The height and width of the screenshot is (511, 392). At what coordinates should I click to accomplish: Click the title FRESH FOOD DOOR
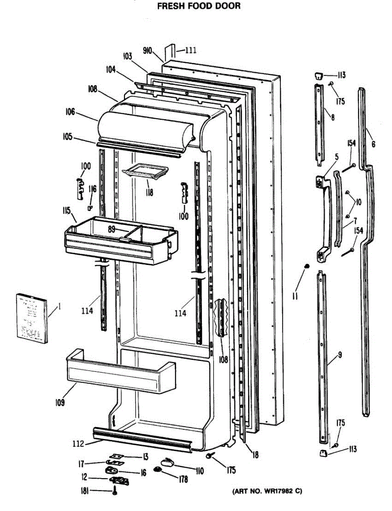tap(199, 6)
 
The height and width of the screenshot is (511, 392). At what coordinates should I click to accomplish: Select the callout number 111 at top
tap(190, 50)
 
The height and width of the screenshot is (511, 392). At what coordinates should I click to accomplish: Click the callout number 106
tap(70, 112)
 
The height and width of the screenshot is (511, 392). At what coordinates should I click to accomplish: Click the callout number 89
tap(112, 229)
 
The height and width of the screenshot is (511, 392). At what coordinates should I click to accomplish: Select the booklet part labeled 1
tap(32, 318)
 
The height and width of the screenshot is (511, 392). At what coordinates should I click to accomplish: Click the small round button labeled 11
tap(306, 267)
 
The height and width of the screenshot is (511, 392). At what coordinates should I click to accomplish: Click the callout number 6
tap(373, 144)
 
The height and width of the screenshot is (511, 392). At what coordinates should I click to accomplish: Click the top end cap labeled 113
tap(317, 76)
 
